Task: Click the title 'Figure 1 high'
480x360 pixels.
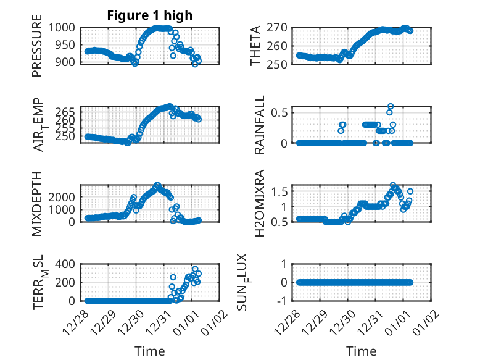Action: click(x=150, y=15)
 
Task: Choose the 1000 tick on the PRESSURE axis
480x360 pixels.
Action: click(x=65, y=27)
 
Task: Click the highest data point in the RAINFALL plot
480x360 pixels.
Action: click(x=391, y=106)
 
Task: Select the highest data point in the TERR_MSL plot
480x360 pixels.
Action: click(x=195, y=269)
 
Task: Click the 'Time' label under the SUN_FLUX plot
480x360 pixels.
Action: click(x=361, y=351)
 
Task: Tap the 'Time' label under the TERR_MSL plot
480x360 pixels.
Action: click(x=150, y=351)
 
